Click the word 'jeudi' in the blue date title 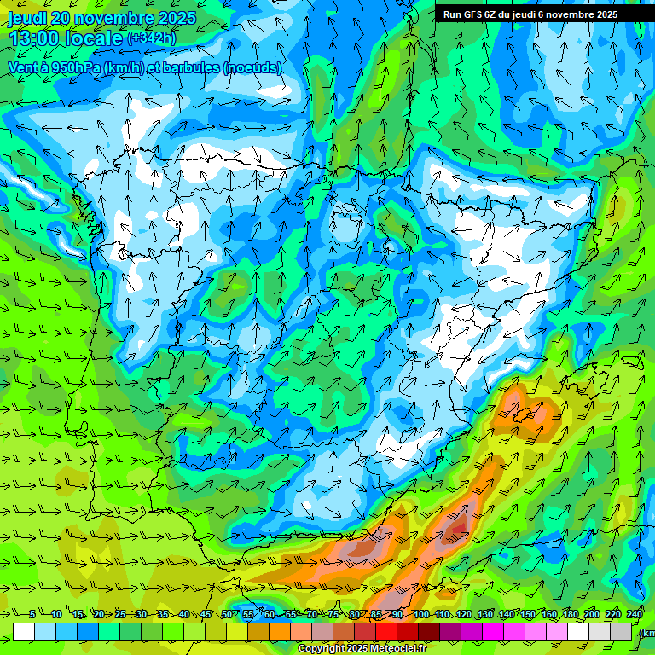28,18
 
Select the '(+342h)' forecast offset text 152,38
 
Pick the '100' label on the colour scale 420,615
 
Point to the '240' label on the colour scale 634,615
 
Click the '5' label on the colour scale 32,615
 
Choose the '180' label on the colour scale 570,615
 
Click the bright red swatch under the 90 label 386,632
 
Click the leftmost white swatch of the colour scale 24,632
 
